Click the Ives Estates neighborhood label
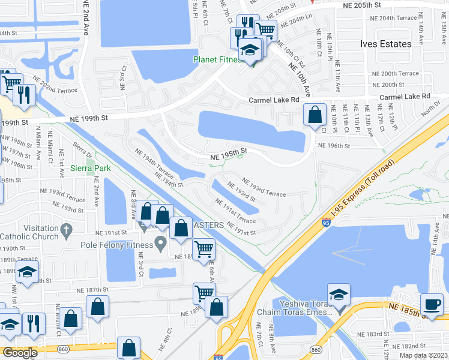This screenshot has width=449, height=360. [x=386, y=44]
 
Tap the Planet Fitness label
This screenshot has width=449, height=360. [x=217, y=59]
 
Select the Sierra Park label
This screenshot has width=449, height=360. [x=89, y=169]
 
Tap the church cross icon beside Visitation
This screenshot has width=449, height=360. [x=67, y=229]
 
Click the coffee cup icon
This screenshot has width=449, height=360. [x=432, y=304]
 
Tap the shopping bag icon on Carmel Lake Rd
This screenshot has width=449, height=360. [x=315, y=115]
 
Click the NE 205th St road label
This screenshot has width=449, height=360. [x=362, y=5]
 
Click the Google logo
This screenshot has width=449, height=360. [x=19, y=353]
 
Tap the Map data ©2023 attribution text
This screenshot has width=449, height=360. [x=423, y=355]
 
